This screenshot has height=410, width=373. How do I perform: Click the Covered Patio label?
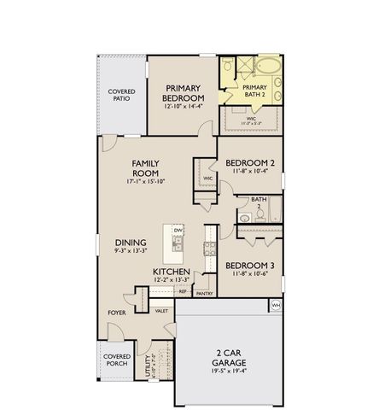point(120,96)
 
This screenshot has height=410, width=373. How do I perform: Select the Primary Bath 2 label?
point(254,91)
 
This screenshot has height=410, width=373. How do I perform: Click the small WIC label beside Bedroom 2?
point(207,179)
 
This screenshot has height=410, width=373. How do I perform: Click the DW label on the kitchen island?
point(178,231)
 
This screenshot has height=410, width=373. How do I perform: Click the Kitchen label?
point(171,272)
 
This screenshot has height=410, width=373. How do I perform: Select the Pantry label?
point(204,293)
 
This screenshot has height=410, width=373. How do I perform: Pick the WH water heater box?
point(275,305)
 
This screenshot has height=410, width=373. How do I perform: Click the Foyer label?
point(116,313)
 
